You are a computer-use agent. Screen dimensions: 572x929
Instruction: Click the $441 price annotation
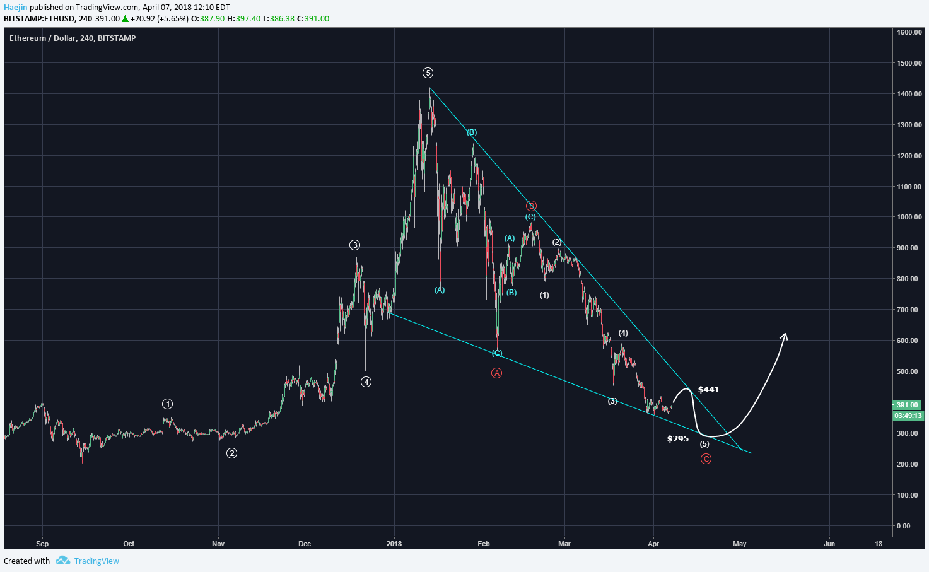coord(708,390)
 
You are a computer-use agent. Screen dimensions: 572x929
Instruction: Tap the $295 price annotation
coord(677,439)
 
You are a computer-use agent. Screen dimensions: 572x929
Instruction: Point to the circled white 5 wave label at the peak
coord(428,73)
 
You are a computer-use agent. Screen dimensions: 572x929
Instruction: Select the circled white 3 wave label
coord(355,245)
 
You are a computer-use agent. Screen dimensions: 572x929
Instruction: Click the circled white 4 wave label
coord(366,382)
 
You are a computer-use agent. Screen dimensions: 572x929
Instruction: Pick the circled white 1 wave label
coord(167,404)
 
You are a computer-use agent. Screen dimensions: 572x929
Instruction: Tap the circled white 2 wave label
coord(232,453)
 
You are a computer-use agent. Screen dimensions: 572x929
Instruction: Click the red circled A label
coord(496,373)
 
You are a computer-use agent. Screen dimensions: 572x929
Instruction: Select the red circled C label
coord(706,458)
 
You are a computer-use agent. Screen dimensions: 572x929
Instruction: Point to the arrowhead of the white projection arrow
coord(785,335)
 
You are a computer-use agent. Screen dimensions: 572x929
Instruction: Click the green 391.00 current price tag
coord(908,405)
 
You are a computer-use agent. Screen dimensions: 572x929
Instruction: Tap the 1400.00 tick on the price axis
coord(909,94)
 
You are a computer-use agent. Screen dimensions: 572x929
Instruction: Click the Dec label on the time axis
coord(305,544)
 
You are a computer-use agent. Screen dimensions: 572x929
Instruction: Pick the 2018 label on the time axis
coord(394,544)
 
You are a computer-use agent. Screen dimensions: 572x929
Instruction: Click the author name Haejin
coord(16,8)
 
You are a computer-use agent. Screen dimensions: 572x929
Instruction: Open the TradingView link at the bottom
coord(96,561)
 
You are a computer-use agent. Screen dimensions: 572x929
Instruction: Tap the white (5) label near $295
coord(704,444)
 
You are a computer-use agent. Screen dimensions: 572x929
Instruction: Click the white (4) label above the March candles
coord(623,333)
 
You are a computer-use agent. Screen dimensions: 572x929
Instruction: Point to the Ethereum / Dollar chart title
coord(73,38)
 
